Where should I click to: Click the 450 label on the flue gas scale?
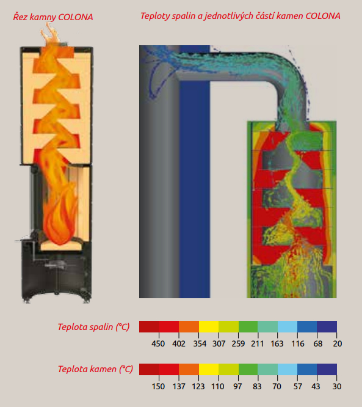click(158, 343)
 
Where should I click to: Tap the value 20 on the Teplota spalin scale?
click(338, 343)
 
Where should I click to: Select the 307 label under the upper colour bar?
click(219, 343)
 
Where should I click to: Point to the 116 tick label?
click(298, 343)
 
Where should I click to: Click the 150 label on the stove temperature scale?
click(158, 386)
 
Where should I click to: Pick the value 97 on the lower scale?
click(237, 386)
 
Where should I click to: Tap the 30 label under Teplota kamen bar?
click(337, 386)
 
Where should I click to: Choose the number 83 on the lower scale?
click(257, 386)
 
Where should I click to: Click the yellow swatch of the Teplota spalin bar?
click(209, 326)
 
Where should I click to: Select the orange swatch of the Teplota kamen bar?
click(189, 369)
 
